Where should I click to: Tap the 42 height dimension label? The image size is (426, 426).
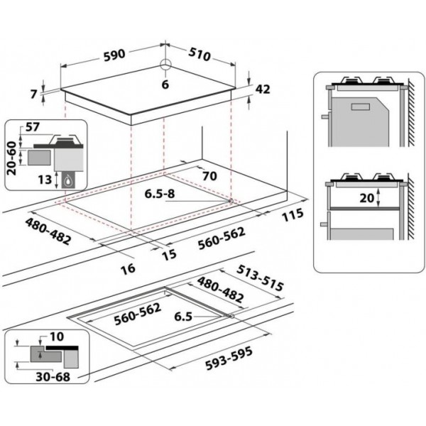click(263, 89)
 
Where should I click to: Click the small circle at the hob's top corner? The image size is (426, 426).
click(165, 65)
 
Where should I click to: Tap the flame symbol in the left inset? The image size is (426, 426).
click(68, 180)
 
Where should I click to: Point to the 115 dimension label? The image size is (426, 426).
click(291, 214)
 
